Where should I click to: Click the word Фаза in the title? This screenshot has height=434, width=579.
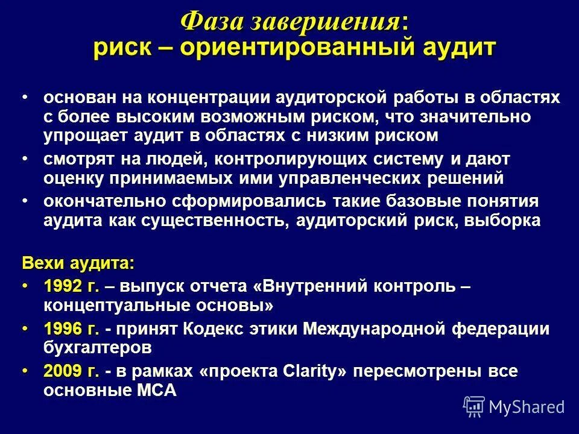(x=210, y=22)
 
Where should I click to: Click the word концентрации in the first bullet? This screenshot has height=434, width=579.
(x=209, y=98)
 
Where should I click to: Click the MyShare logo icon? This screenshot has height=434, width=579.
(x=474, y=406)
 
